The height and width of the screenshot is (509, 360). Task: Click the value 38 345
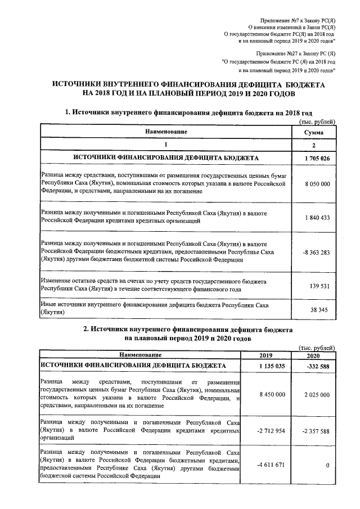pos(319,309)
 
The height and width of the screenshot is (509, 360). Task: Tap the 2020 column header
pos(312,355)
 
